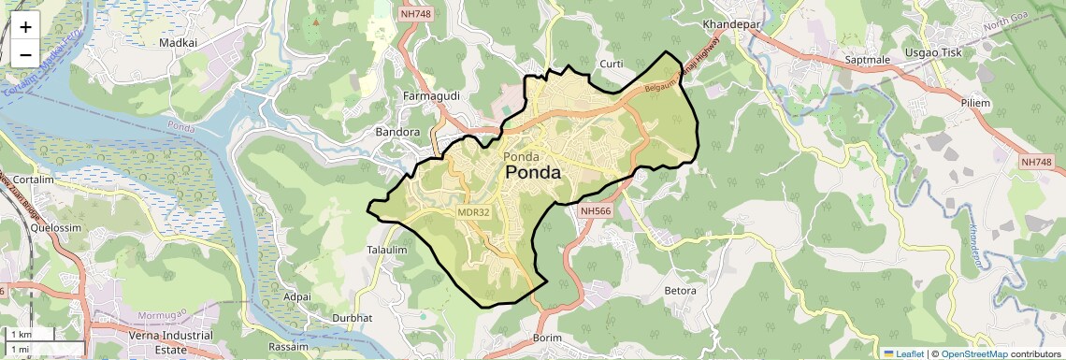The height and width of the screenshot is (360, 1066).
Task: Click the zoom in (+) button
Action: pos(25,27)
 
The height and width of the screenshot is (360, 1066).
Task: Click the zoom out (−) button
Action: pos(25,54)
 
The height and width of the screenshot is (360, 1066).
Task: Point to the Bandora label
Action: pos(397,132)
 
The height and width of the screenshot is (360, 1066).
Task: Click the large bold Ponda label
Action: pos(533,173)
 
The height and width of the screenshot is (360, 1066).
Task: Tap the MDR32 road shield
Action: pos(474,212)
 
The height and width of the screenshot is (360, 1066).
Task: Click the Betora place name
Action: pos(680,291)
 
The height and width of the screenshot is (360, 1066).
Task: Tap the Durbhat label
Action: pos(352,318)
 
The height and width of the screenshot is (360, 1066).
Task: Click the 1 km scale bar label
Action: pos(21,334)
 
